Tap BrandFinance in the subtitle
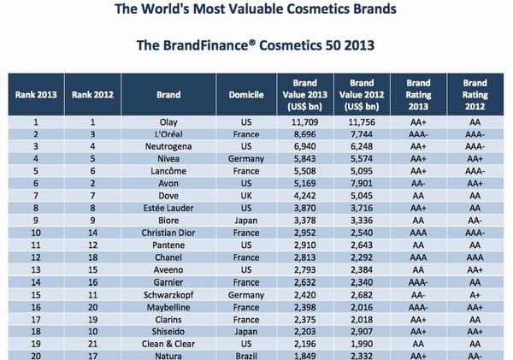(x=192, y=46)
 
